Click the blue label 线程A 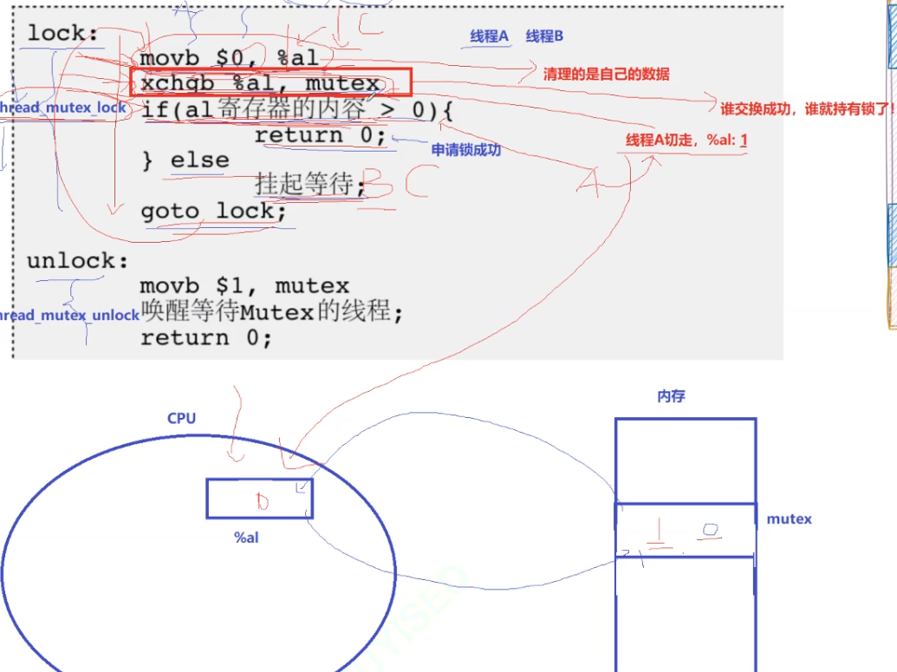click(490, 36)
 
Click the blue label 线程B click(544, 36)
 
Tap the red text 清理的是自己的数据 click(606, 74)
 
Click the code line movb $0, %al click(229, 58)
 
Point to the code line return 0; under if click(320, 135)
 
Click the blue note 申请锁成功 click(466, 149)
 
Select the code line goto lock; click(213, 211)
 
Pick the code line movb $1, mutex click(244, 285)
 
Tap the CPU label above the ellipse click(181, 418)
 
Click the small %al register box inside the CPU click(259, 499)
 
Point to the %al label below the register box click(246, 538)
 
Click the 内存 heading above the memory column click(671, 396)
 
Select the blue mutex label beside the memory click(789, 519)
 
